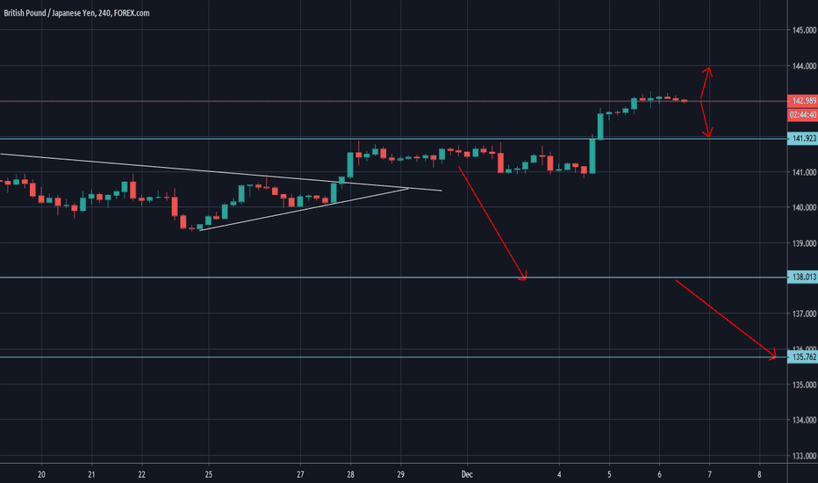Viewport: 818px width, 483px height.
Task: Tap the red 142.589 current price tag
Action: click(x=802, y=101)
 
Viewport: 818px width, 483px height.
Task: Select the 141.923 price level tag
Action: click(x=802, y=139)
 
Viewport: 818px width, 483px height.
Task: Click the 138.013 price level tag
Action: click(x=802, y=278)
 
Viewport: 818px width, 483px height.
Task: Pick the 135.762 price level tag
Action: click(x=802, y=357)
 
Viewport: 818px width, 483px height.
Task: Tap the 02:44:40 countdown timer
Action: click(x=802, y=114)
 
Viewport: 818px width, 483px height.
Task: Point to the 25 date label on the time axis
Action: click(x=208, y=474)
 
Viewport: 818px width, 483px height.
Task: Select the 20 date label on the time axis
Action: click(x=42, y=474)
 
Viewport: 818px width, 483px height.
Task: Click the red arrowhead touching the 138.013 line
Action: click(x=523, y=278)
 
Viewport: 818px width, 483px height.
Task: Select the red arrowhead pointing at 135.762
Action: click(x=772, y=356)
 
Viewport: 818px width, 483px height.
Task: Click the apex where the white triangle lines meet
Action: click(x=409, y=188)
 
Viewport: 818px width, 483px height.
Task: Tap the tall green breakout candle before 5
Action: click(x=592, y=155)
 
